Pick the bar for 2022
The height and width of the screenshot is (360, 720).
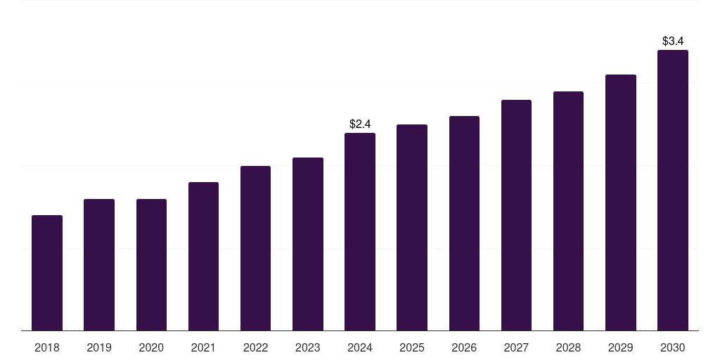tap(255, 248)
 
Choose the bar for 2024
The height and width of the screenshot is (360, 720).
tap(360, 231)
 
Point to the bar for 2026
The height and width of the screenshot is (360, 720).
tap(464, 223)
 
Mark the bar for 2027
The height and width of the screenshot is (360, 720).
tap(516, 215)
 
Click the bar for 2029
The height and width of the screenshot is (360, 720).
tap(621, 202)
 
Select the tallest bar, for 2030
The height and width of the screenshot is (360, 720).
tap(673, 190)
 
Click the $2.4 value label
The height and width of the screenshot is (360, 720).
tap(360, 124)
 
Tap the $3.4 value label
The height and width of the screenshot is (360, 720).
tap(673, 41)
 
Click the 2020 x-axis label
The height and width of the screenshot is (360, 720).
tap(151, 348)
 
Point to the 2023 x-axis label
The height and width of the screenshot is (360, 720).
tap(308, 348)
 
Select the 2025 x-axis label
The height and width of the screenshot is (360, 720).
tap(412, 348)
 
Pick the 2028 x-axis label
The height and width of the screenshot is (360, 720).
tap(568, 348)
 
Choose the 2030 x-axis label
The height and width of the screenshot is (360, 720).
tap(673, 348)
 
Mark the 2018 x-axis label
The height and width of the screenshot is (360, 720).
tap(47, 348)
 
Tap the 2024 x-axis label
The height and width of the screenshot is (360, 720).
tap(360, 348)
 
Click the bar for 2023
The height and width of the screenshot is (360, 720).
tap(308, 244)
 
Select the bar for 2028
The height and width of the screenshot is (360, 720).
tap(568, 211)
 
